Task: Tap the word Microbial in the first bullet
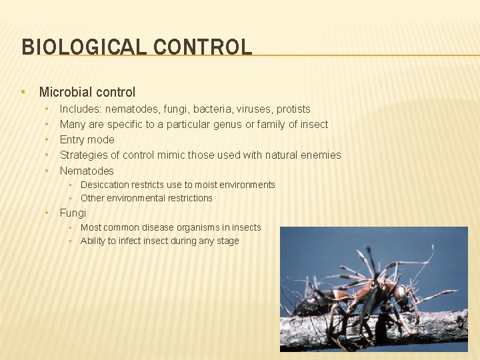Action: tap(65, 92)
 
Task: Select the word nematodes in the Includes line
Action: tap(132, 109)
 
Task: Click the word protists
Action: tap(293, 109)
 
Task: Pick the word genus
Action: tap(227, 124)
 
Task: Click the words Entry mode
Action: tap(87, 139)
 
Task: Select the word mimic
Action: tap(171, 155)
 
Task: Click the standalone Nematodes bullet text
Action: tap(87, 171)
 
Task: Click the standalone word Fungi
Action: tap(73, 213)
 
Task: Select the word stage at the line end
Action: tap(227, 241)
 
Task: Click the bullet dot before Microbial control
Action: tap(23, 92)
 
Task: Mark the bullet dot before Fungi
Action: tap(47, 213)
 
